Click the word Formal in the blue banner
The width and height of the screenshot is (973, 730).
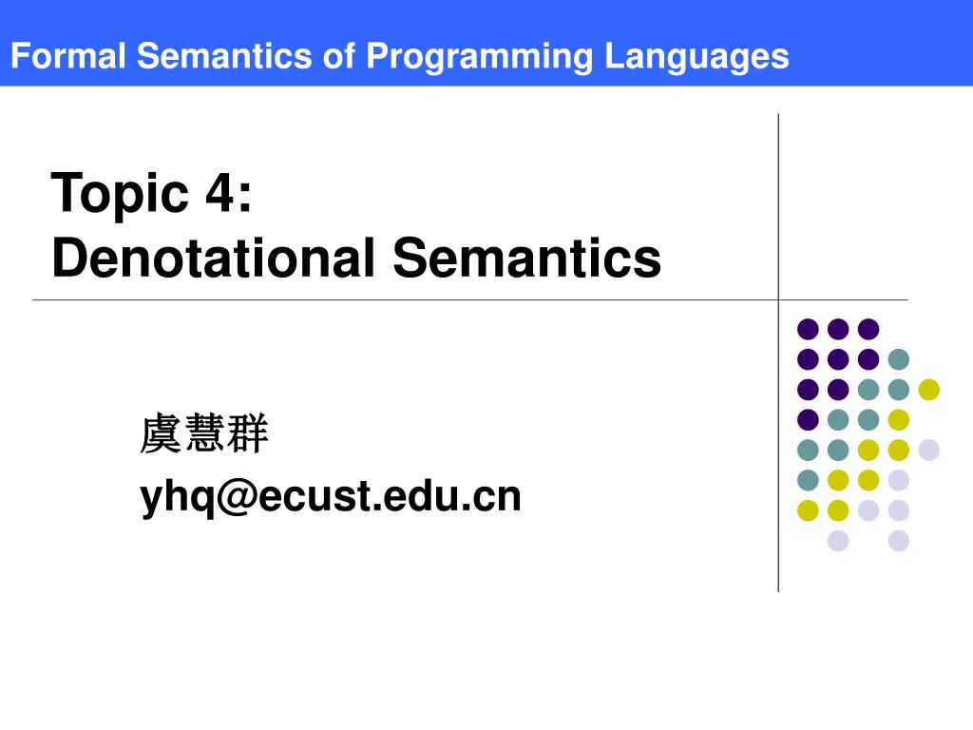(x=67, y=56)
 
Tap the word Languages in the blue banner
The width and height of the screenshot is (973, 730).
(x=697, y=56)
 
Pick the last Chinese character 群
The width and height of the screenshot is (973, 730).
(x=249, y=434)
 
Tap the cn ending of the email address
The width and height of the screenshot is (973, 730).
(x=501, y=496)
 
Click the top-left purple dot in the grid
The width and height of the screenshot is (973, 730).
(x=808, y=329)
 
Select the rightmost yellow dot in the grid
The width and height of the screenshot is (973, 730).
(x=928, y=389)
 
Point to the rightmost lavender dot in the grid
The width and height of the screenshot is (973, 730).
(x=928, y=450)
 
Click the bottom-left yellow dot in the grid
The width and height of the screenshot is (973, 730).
(x=808, y=510)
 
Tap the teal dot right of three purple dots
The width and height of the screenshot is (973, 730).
(x=898, y=359)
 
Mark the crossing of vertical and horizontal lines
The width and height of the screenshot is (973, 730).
(x=778, y=299)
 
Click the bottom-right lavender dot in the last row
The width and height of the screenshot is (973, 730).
(x=898, y=541)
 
